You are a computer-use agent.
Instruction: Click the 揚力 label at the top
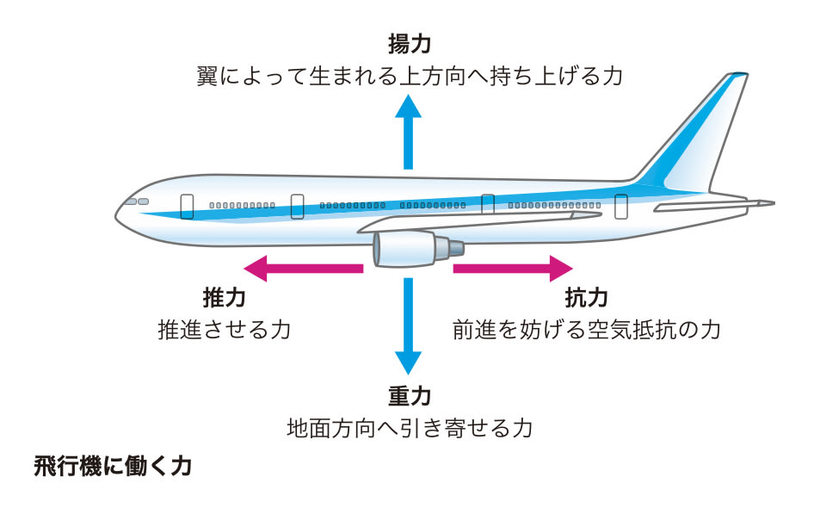(408, 43)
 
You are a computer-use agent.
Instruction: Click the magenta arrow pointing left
(301, 269)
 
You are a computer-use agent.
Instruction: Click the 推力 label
(224, 298)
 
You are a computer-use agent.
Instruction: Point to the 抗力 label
(586, 298)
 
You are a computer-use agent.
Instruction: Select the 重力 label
(408, 396)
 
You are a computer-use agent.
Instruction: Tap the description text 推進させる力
(224, 329)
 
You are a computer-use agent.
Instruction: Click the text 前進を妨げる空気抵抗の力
(586, 329)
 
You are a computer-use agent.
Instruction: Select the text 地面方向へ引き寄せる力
(408, 428)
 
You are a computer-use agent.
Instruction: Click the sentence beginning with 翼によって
(408, 75)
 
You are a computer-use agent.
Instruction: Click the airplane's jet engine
(413, 251)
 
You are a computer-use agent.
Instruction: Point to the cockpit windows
(137, 201)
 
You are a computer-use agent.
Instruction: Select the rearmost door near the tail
(620, 206)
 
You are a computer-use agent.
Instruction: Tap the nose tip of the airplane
(118, 212)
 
